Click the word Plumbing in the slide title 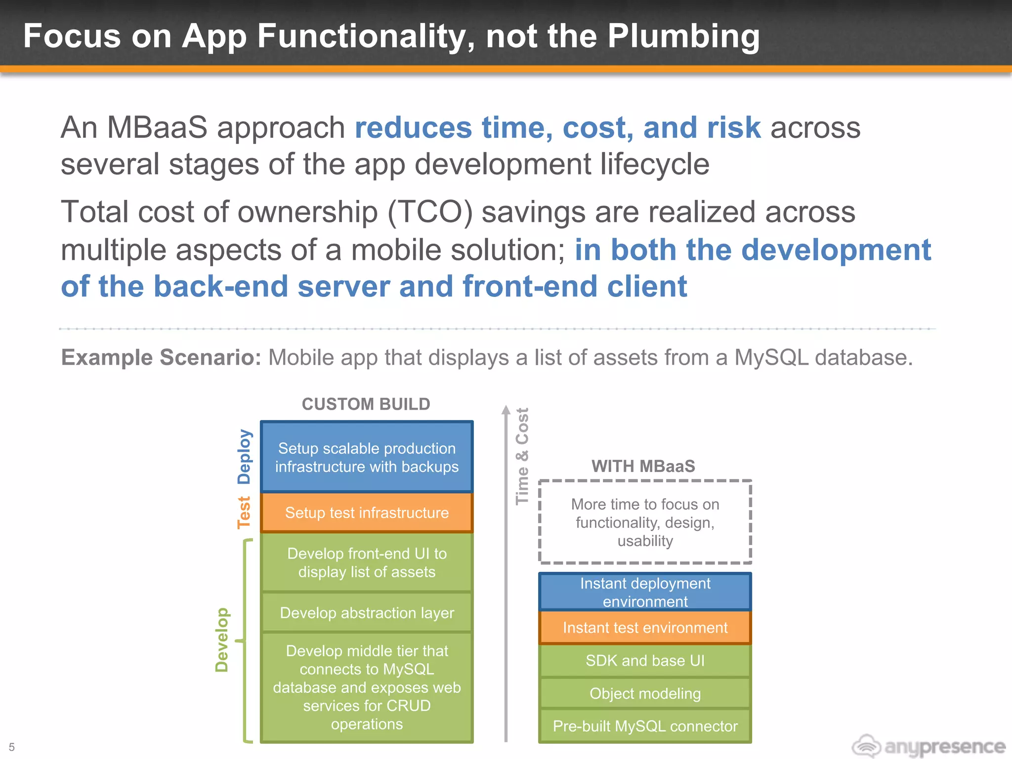pos(683,37)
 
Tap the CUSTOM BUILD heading pos(366,404)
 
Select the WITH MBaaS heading pos(643,466)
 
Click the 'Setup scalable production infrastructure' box pos(367,457)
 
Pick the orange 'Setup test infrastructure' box pos(367,512)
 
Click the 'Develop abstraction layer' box pos(367,613)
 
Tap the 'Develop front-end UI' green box pos(367,562)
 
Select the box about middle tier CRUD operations pos(367,687)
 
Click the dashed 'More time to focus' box pos(645,522)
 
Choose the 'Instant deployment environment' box pos(645,592)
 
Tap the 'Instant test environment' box pos(645,628)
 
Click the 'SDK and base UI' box pos(645,661)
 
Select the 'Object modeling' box pos(645,693)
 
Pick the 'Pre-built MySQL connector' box pos(645,726)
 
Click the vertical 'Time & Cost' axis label pos(522,456)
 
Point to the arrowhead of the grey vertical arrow pos(506,410)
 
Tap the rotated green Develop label pos(222,639)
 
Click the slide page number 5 pos(12,747)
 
